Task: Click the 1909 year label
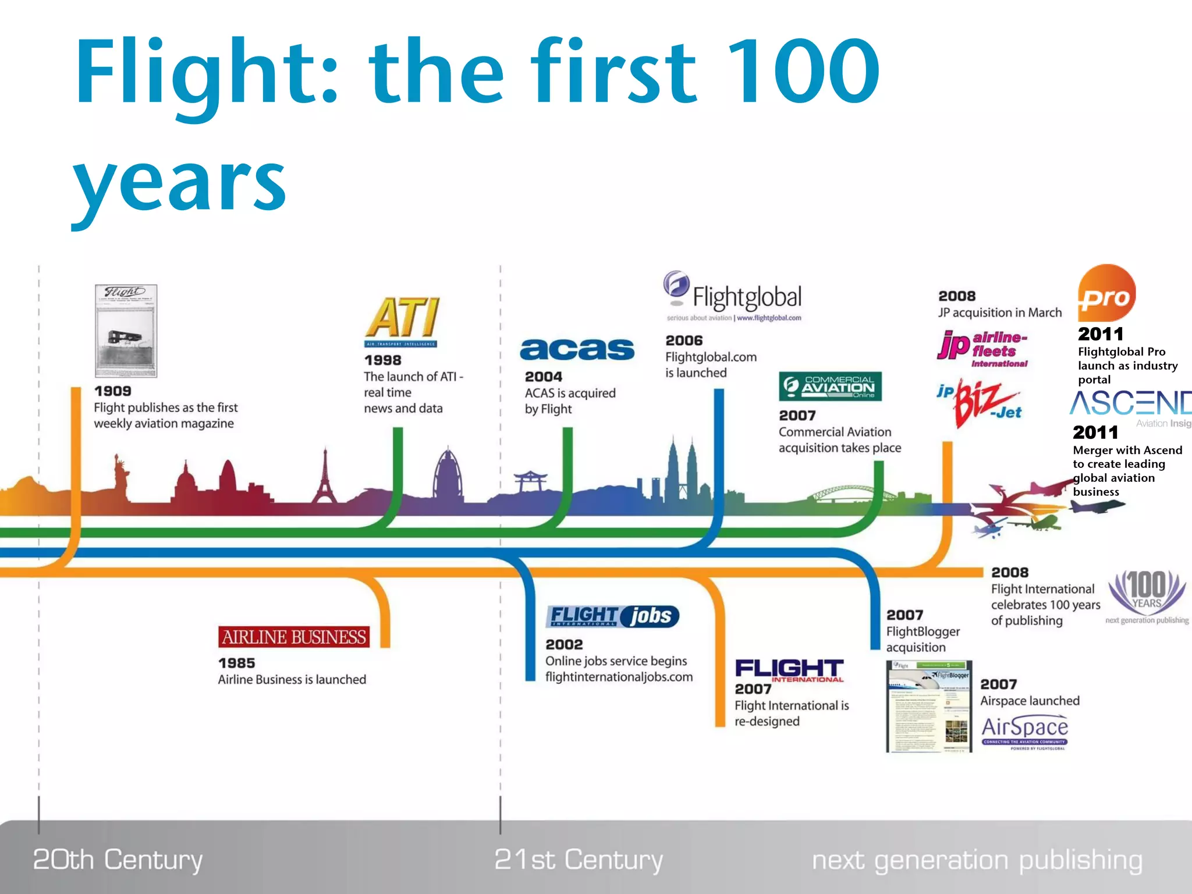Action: (113, 391)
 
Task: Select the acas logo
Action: (577, 350)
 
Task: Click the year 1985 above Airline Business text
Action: (236, 663)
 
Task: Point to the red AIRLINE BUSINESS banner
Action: (294, 637)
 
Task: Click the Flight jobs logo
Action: (612, 616)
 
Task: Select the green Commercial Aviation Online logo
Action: (830, 386)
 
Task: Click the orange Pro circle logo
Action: (1106, 294)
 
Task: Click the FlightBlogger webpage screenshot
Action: (929, 706)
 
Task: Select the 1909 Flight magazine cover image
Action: (126, 331)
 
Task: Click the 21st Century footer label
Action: (579, 860)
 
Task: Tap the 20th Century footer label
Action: (118, 860)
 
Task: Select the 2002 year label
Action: (564, 644)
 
